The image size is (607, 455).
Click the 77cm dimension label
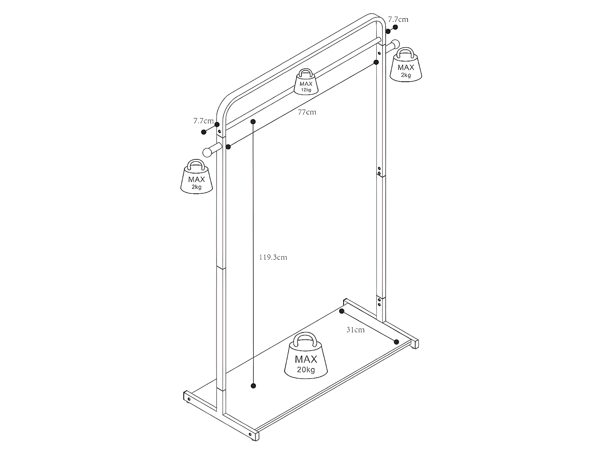click(x=307, y=112)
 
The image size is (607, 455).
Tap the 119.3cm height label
click(x=273, y=257)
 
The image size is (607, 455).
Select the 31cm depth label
click(x=355, y=330)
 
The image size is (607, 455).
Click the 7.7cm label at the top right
click(x=398, y=19)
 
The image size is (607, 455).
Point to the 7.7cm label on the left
click(x=203, y=121)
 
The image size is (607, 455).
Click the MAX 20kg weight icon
click(x=306, y=356)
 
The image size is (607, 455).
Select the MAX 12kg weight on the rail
click(x=306, y=82)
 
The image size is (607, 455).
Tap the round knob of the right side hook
click(x=395, y=44)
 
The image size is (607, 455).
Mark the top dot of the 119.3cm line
click(x=253, y=121)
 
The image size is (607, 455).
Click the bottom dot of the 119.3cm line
click(x=253, y=386)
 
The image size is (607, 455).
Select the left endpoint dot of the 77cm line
click(x=229, y=146)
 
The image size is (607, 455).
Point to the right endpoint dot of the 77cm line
click(x=376, y=62)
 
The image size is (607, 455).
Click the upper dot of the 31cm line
click(x=342, y=311)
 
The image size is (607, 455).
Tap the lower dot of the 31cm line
click(x=397, y=342)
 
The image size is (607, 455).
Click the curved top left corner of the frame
click(x=225, y=106)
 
